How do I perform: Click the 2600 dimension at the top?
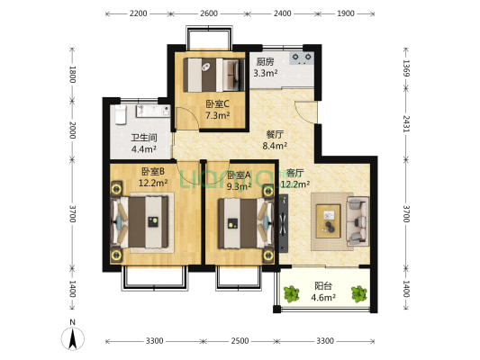pyautogui.click(x=209, y=13)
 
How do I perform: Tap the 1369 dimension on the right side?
pyautogui.click(x=406, y=67)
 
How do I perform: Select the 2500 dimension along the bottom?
pyautogui.click(x=240, y=341)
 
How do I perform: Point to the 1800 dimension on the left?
pyautogui.click(x=72, y=75)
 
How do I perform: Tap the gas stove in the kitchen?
pyautogui.click(x=302, y=58)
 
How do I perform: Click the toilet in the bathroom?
pyautogui.click(x=121, y=114)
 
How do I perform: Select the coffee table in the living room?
pyautogui.click(x=328, y=221)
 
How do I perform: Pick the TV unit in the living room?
pyautogui.click(x=284, y=223)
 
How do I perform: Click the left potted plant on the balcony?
pyautogui.click(x=291, y=294)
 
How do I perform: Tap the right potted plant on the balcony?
pyautogui.click(x=358, y=294)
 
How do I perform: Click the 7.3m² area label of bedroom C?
pyautogui.click(x=218, y=115)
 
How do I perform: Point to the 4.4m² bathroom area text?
pyautogui.click(x=144, y=149)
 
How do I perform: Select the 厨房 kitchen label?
pyautogui.click(x=265, y=62)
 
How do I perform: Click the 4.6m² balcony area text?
pyautogui.click(x=323, y=297)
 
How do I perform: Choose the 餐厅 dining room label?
pyautogui.click(x=275, y=134)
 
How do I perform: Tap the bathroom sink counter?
pyautogui.click(x=153, y=111)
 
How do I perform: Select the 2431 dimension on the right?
pyautogui.click(x=406, y=123)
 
